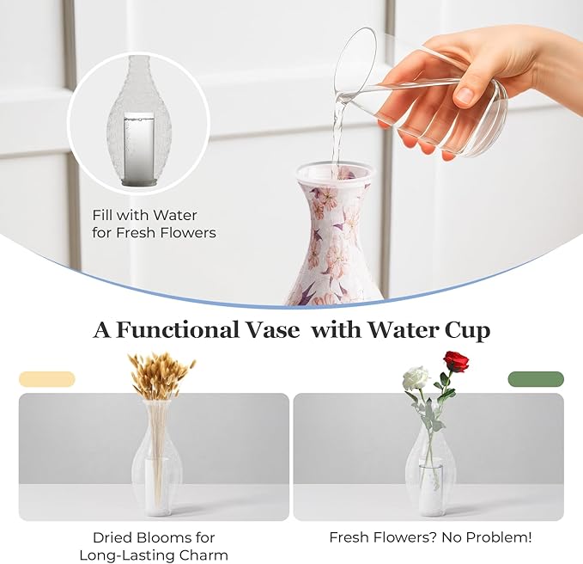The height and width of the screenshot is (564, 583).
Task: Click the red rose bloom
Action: pyautogui.click(x=456, y=361)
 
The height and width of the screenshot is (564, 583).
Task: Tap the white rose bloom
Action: pyautogui.click(x=416, y=377)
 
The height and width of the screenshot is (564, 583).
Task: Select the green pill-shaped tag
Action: pyautogui.click(x=536, y=379)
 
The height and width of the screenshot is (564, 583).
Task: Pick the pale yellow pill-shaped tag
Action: pyautogui.click(x=47, y=379)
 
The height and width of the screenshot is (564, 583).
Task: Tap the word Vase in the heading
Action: pyautogui.click(x=271, y=330)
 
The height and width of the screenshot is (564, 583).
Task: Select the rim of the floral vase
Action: pyautogui.click(x=334, y=171)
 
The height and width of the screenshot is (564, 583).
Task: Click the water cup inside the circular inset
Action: pyautogui.click(x=138, y=146)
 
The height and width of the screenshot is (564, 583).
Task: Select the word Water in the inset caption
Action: pyautogui.click(x=175, y=215)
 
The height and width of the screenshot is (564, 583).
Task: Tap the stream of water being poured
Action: pyautogui.click(x=338, y=131)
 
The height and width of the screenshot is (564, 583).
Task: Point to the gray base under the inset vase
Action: pyautogui.click(x=138, y=182)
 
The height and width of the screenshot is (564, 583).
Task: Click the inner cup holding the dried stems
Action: pyautogui.click(x=156, y=487)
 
